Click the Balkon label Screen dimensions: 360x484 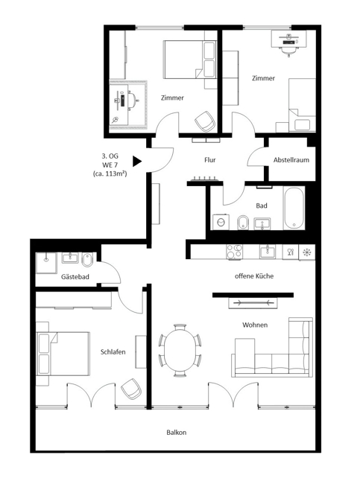[176, 433]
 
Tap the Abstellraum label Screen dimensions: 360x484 [291, 160]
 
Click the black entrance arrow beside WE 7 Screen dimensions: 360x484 [137, 161]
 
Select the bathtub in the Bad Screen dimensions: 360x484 [294, 208]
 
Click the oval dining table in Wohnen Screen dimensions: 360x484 [180, 351]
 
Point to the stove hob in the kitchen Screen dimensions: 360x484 [234, 252]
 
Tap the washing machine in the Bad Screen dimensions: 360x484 [221, 222]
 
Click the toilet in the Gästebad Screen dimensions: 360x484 [87, 260]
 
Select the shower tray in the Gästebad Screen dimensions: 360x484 [46, 263]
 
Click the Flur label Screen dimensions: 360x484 [210, 160]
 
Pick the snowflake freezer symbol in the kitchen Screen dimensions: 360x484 [307, 252]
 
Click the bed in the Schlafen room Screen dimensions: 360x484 [63, 354]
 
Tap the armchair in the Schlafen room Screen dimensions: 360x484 [131, 389]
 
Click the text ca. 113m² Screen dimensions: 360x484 [110, 173]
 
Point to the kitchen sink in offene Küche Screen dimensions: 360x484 [268, 251]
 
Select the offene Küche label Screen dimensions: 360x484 [254, 276]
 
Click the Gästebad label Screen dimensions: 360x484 [75, 276]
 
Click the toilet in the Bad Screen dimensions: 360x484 [243, 222]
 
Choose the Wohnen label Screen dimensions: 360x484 [255, 325]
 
